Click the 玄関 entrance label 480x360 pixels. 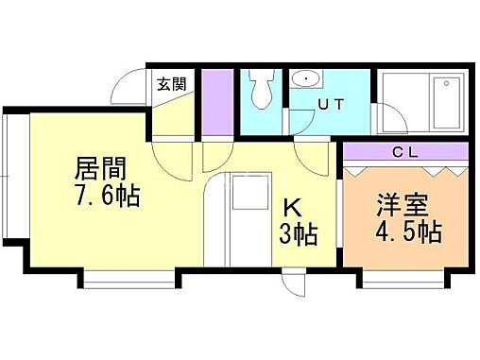173,83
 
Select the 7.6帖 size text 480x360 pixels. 108,198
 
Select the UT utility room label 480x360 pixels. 332,105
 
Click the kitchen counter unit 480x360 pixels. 249,217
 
